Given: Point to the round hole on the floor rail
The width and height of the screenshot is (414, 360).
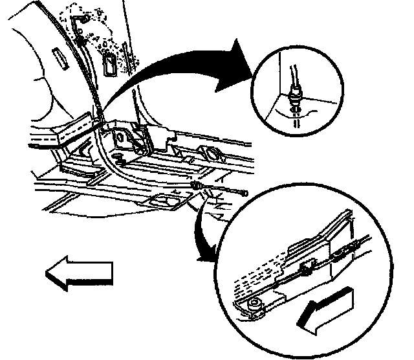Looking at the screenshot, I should coord(210,153).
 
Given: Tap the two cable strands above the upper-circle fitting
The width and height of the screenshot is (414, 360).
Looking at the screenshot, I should coord(292,71).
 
